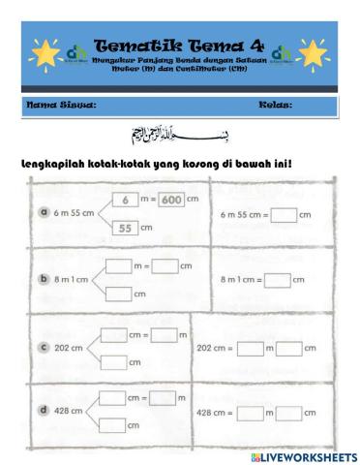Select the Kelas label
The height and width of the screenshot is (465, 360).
tap(275, 104)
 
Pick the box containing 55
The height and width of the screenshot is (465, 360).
tap(126, 228)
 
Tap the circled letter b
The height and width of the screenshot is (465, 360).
tap(44, 278)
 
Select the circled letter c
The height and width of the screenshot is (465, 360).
tap(44, 346)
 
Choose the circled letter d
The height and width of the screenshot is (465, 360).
tap(44, 411)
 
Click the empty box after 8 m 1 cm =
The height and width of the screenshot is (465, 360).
tap(278, 279)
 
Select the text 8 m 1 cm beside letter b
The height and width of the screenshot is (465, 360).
tap(75, 279)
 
